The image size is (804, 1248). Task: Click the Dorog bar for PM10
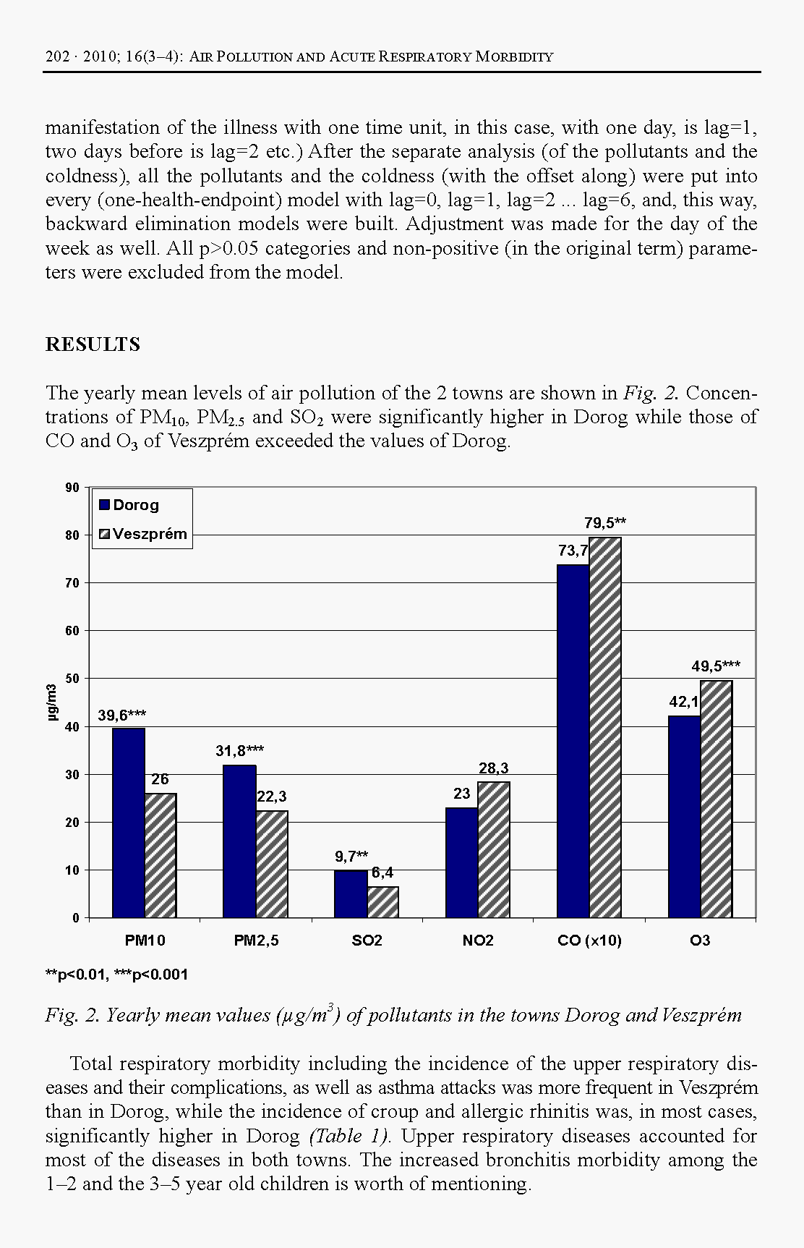click(x=129, y=823)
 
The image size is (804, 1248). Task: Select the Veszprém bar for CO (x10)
click(x=605, y=727)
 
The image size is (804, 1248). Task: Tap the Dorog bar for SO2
click(x=351, y=894)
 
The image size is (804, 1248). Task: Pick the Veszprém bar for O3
click(x=717, y=799)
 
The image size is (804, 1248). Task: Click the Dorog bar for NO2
click(x=461, y=862)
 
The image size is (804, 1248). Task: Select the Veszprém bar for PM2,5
click(x=272, y=864)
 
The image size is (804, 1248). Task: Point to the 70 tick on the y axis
click(x=73, y=582)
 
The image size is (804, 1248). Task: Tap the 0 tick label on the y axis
click(x=76, y=917)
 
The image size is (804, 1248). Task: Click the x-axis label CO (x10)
click(x=589, y=941)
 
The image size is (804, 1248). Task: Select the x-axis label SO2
click(x=367, y=941)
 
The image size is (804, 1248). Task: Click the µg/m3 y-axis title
click(x=51, y=702)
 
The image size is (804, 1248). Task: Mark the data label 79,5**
click(x=605, y=523)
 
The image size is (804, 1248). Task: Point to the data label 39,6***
click(x=122, y=716)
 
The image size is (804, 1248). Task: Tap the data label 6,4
click(x=382, y=873)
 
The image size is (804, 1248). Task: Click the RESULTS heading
click(x=93, y=344)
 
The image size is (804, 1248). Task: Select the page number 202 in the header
click(x=57, y=56)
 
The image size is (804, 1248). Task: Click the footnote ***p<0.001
click(x=151, y=975)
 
